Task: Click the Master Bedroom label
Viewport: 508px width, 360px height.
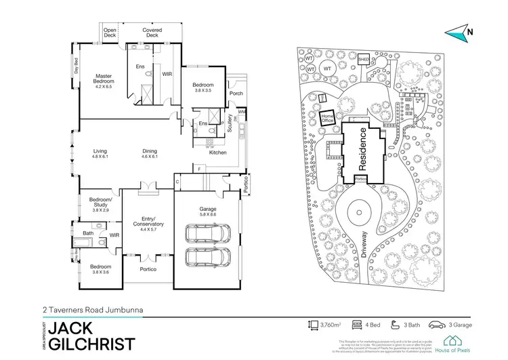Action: (x=103, y=78)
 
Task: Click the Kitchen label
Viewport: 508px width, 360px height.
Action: (x=217, y=153)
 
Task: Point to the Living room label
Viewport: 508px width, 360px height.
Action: (x=100, y=151)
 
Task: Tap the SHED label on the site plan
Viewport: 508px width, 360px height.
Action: (x=363, y=60)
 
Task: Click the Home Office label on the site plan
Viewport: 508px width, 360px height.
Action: (x=328, y=117)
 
